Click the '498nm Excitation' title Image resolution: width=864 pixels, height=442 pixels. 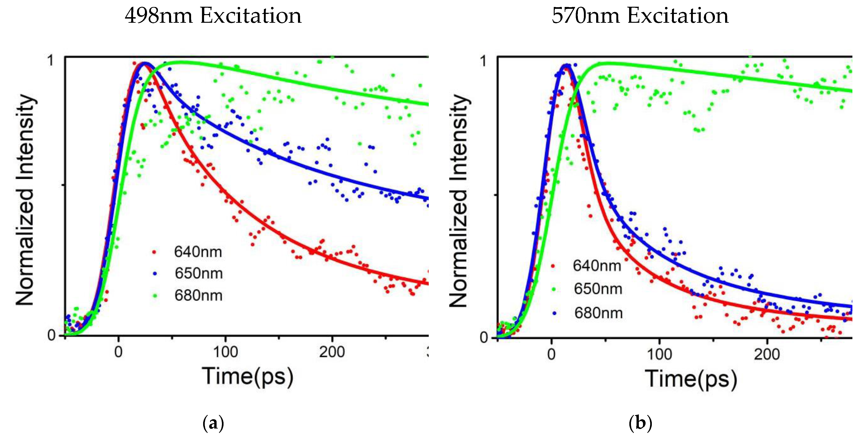[x=213, y=16]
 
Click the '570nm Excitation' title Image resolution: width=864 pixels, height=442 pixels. [x=640, y=16]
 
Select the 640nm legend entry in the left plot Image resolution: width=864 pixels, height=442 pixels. [x=198, y=252]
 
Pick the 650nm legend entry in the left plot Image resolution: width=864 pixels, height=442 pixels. [x=198, y=273]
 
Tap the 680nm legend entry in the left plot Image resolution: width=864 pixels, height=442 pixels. [x=198, y=296]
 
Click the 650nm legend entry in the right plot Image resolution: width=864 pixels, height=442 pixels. [x=598, y=289]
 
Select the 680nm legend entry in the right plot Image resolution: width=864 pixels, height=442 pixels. [x=598, y=313]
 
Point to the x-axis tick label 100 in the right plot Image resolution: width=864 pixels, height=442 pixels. [x=659, y=355]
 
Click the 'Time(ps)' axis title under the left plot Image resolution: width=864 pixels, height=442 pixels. [x=247, y=377]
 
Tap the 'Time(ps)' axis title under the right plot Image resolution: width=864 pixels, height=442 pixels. [x=691, y=379]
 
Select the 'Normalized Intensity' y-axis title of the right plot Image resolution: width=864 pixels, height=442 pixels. [x=458, y=201]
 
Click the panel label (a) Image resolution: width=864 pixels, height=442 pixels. [x=213, y=423]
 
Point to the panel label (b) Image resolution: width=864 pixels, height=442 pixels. [x=640, y=423]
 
